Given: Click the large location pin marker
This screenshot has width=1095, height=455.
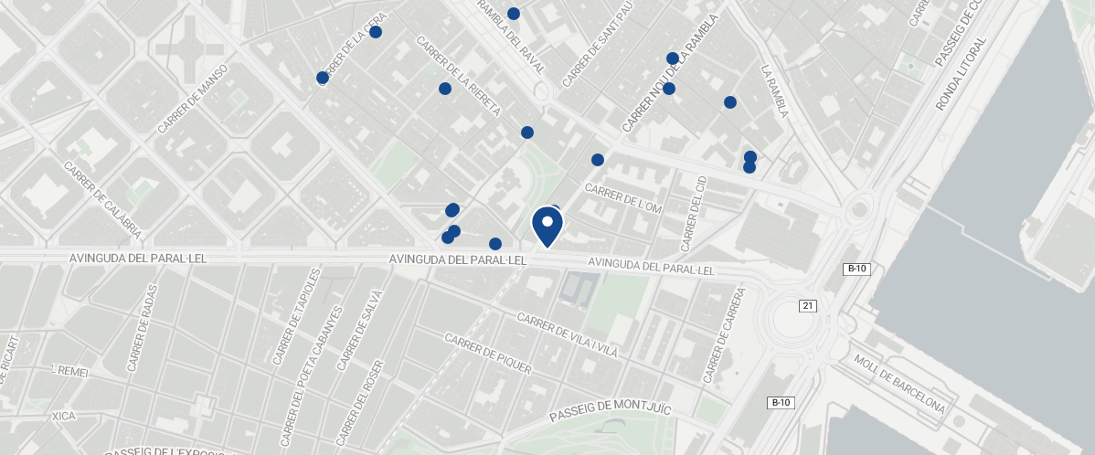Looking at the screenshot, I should [x=547, y=226].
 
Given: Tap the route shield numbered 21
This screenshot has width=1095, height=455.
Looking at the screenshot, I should [x=806, y=305].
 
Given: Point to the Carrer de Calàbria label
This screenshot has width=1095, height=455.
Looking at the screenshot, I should [x=102, y=199].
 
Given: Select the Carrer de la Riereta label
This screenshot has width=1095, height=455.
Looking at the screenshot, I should [x=458, y=76].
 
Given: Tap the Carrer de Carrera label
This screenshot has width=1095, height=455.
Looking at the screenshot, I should [x=725, y=335].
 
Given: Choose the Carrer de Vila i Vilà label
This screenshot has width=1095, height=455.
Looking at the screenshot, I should [x=567, y=336].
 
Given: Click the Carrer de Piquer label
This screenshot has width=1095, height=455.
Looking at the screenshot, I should [x=487, y=353].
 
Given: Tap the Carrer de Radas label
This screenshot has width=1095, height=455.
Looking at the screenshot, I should [x=143, y=328].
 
